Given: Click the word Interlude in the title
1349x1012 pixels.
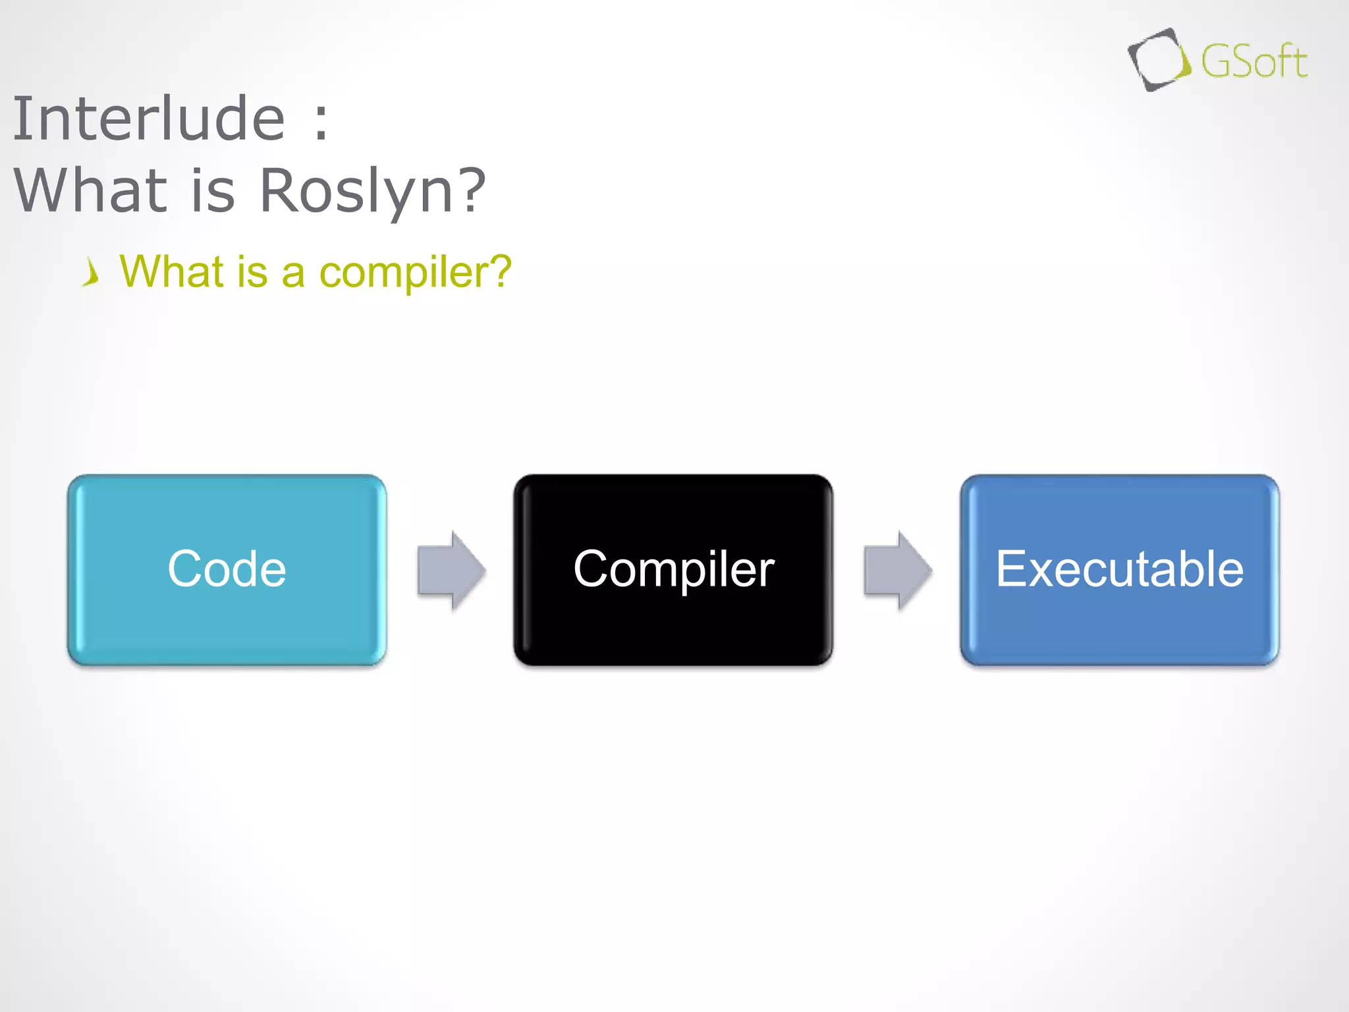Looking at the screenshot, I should coord(149,119).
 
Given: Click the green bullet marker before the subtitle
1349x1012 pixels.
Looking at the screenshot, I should coord(92,272).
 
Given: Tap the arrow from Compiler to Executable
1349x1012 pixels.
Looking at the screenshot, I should coord(898,570).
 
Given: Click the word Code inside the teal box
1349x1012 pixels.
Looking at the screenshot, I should coord(227,569).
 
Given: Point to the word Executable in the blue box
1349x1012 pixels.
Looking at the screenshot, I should coord(1119,569).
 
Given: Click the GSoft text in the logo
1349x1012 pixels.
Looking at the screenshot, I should coord(1253,62).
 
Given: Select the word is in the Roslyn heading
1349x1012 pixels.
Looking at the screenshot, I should coord(213,191).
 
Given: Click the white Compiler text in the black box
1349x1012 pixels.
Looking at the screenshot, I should coord(673,569).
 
